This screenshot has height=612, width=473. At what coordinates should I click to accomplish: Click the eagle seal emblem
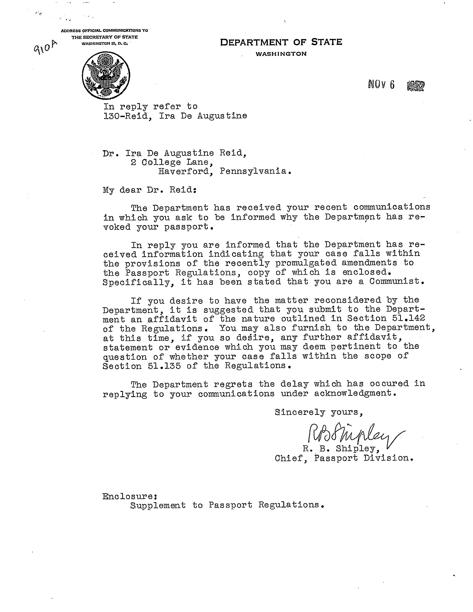tap(106, 75)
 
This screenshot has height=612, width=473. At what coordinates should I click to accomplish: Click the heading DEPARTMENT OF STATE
tap(281, 42)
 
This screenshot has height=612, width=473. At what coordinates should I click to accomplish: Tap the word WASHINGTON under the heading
tap(281, 54)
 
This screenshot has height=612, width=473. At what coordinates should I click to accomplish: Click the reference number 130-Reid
tap(126, 116)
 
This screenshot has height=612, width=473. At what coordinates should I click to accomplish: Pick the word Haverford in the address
tap(185, 171)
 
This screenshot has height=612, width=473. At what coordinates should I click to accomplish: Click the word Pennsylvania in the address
tap(254, 171)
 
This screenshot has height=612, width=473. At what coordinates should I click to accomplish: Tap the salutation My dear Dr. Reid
tap(150, 190)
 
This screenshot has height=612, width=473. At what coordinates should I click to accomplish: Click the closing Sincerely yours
tap(319, 412)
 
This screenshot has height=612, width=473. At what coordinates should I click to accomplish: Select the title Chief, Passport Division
tap(344, 458)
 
